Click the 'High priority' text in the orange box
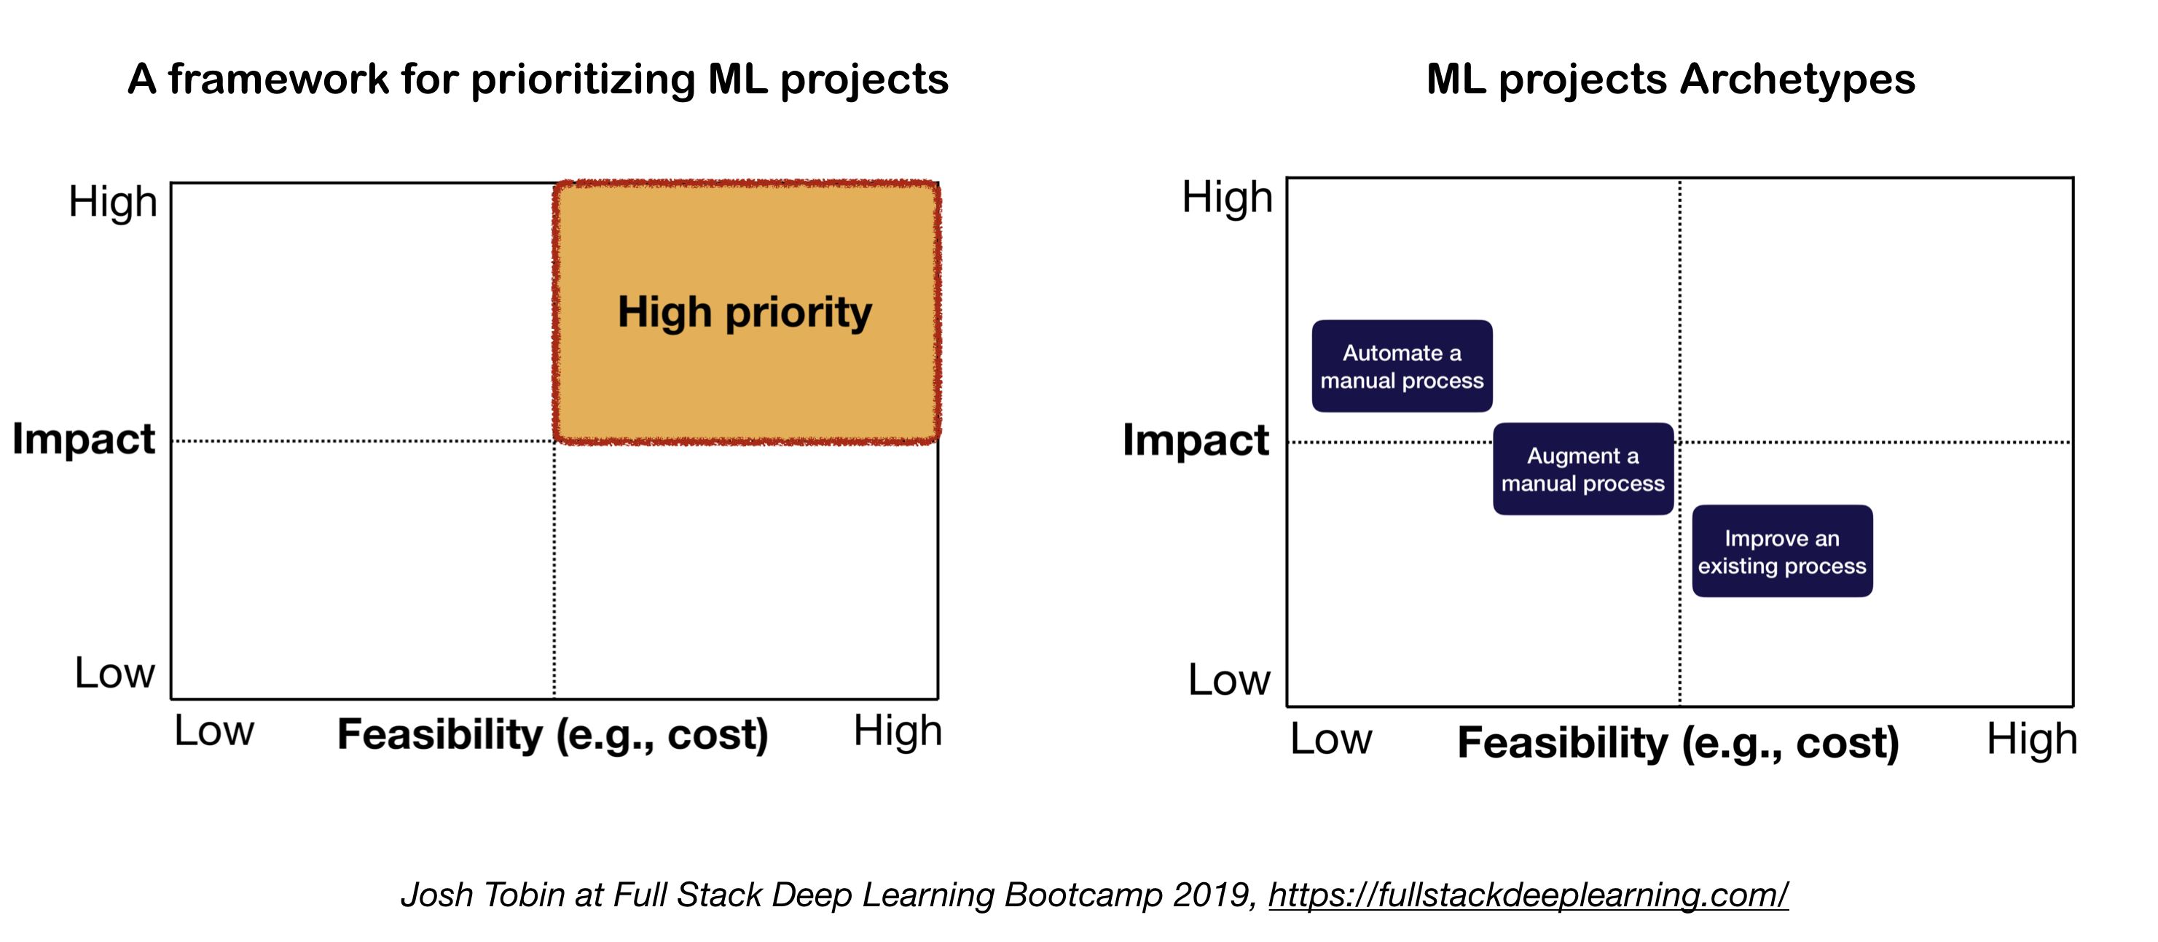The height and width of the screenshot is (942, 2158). (x=744, y=313)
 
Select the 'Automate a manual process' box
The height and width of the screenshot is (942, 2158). (x=1402, y=366)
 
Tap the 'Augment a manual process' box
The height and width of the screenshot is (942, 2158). (x=1582, y=470)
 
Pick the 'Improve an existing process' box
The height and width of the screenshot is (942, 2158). (x=1782, y=551)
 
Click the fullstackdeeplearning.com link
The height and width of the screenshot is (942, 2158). (x=1528, y=895)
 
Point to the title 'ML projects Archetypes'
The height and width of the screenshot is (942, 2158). (x=1671, y=79)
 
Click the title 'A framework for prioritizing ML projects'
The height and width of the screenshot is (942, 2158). (x=538, y=79)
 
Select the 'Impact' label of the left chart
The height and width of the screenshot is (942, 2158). (x=84, y=439)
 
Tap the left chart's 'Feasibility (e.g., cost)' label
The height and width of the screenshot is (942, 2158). (x=553, y=735)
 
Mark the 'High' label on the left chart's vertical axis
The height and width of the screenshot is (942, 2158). (x=113, y=202)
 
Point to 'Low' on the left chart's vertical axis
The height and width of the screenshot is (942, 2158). (x=115, y=672)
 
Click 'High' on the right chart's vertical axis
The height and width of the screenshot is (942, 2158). (x=1228, y=198)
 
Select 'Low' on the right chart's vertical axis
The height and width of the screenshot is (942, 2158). (x=1229, y=679)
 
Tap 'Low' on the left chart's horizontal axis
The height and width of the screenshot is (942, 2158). (x=213, y=731)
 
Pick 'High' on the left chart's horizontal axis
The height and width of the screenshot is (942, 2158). (x=897, y=731)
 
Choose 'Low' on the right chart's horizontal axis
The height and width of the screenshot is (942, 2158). (x=1331, y=739)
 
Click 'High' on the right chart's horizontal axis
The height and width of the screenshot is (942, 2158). (x=2031, y=740)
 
